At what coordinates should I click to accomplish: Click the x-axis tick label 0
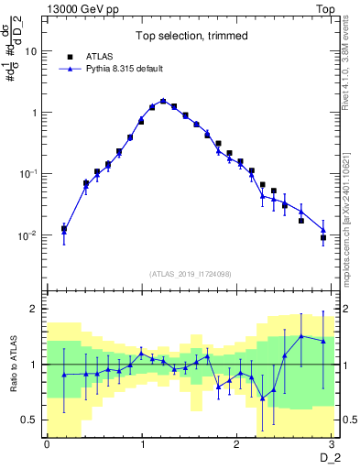click(47, 444)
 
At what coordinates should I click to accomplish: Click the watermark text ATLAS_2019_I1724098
click(191, 273)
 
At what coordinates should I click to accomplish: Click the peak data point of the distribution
click(163, 102)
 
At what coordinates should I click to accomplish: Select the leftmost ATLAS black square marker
click(63, 228)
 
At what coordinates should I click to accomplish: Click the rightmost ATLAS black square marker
click(322, 237)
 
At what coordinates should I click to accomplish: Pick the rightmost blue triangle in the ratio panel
click(322, 341)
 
